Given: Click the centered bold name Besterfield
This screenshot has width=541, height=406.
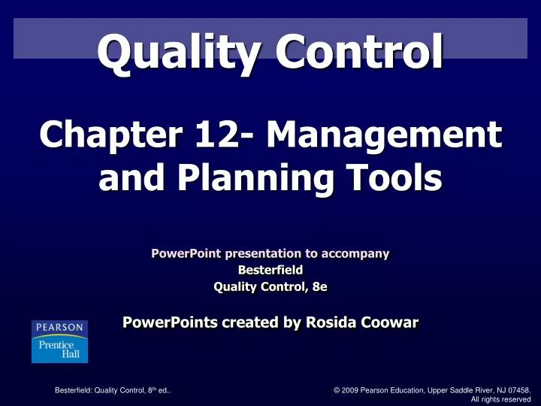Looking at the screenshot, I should click(270, 270).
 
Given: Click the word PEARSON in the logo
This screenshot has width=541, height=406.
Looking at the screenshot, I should click(59, 329).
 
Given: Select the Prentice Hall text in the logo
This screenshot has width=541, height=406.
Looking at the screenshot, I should click(59, 349).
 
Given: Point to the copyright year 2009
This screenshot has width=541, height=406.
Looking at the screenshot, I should click(348, 390).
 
